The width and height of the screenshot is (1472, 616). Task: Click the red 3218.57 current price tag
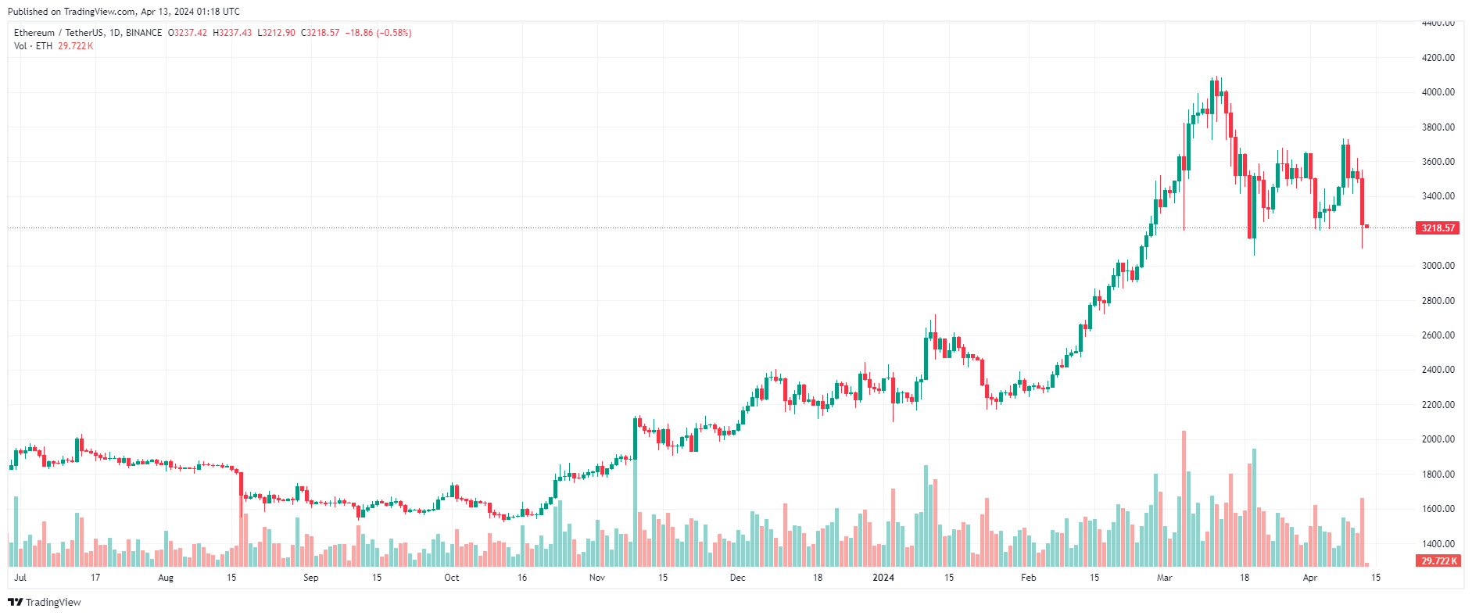[x=1438, y=228]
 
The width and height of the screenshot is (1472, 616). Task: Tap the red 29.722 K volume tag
[x=1438, y=561]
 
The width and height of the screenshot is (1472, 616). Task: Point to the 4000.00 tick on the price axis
[x=1438, y=92]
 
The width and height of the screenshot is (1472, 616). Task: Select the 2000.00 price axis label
[x=1438, y=439]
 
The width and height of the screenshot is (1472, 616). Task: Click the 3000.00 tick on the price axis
[x=1438, y=266]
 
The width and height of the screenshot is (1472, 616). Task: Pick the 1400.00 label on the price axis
[x=1438, y=544]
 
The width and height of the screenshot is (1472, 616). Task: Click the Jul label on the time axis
[x=20, y=578]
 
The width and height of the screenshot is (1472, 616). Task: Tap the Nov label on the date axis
[x=597, y=578]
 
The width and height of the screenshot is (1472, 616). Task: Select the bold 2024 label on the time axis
[x=883, y=578]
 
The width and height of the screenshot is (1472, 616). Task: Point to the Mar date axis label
[x=1165, y=578]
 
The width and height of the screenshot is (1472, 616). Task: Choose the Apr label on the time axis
[x=1310, y=578]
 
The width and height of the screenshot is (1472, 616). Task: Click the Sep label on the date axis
[x=311, y=578]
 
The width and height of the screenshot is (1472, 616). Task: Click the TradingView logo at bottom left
[x=45, y=602]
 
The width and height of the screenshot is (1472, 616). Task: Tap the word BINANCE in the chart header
[x=144, y=33]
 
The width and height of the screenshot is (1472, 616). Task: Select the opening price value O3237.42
[x=188, y=33]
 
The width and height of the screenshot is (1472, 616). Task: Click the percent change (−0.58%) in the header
[x=394, y=33]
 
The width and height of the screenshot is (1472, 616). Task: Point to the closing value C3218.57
[x=321, y=33]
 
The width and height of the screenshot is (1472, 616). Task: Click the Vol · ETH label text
[x=34, y=46]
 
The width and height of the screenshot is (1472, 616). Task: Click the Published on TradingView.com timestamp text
[x=124, y=12]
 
